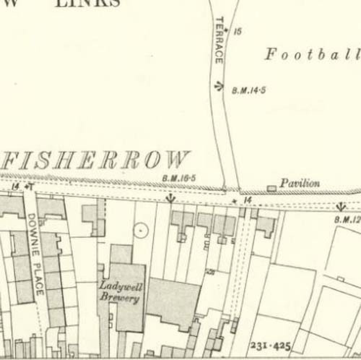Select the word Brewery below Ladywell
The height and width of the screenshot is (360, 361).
[x=119, y=298]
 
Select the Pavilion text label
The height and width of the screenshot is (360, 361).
[x=300, y=184]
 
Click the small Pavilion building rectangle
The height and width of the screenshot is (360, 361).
[x=271, y=188]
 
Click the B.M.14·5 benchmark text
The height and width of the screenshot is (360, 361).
[x=248, y=90]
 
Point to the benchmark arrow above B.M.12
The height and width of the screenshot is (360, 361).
[x=340, y=207]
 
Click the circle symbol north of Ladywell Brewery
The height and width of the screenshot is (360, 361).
[x=140, y=229]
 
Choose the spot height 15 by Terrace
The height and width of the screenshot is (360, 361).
[x=237, y=32]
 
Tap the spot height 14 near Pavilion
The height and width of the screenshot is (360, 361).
[x=247, y=200]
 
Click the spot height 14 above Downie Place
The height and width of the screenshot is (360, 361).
[x=15, y=186]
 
